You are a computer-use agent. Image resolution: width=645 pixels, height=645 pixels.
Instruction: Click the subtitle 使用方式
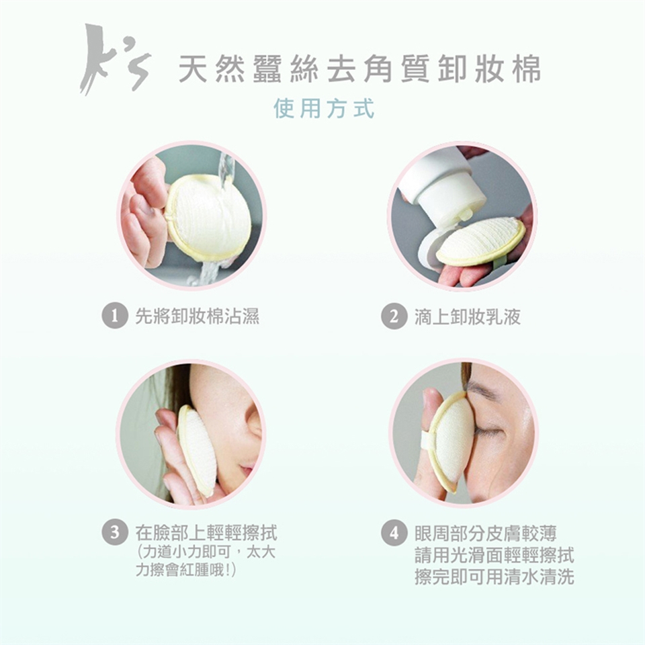[324, 109]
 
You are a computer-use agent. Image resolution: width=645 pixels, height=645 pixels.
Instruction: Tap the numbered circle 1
[115, 316]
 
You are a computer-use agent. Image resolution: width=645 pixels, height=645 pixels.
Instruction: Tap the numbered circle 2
[394, 316]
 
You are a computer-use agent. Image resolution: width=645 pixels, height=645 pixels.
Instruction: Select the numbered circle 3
[115, 532]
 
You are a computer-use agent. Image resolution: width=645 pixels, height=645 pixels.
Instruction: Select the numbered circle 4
[394, 533]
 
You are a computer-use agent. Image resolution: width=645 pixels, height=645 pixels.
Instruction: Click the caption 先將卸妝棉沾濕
[198, 316]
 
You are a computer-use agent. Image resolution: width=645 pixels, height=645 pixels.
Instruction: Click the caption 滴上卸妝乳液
[468, 316]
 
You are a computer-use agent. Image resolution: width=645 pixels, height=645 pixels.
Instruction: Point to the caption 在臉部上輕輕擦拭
[206, 533]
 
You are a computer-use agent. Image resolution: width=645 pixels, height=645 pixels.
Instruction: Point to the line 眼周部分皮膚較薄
[486, 533]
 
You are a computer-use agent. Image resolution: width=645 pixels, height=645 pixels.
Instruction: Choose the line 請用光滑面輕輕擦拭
[494, 556]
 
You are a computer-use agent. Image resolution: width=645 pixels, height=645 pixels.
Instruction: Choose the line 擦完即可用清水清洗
[494, 576]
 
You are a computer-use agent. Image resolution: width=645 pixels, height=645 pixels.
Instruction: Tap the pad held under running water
[208, 218]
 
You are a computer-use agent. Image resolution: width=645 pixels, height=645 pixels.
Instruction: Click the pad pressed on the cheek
[196, 450]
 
